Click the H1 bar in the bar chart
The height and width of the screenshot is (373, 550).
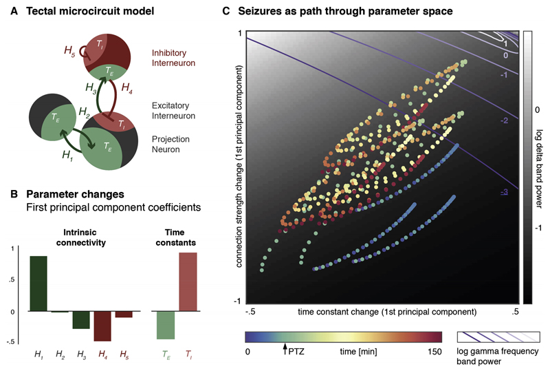click(38, 284)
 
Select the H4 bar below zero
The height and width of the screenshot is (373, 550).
click(102, 326)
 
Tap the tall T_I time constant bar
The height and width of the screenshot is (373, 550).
click(188, 281)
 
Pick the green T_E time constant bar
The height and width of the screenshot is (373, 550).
click(166, 326)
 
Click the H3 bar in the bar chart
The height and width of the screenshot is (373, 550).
click(81, 320)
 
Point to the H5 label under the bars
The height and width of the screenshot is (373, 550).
click(124, 354)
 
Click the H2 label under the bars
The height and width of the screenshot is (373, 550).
click(60, 354)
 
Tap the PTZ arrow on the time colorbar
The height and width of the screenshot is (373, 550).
click(285, 349)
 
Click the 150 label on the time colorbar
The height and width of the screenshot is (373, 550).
click(434, 352)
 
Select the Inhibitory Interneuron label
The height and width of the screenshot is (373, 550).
click(173, 58)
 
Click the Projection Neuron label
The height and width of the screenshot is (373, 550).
click(170, 144)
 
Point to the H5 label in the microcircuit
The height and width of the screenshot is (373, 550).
click(69, 51)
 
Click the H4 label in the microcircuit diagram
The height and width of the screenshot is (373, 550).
click(126, 87)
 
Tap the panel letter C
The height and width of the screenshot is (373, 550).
click(226, 11)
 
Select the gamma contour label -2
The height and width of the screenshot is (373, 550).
click(504, 120)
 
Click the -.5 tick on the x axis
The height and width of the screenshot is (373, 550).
click(250, 312)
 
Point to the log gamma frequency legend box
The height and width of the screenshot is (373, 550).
click(498, 337)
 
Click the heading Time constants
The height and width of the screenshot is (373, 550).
click(175, 237)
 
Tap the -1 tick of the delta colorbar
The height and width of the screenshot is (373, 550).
click(538, 228)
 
